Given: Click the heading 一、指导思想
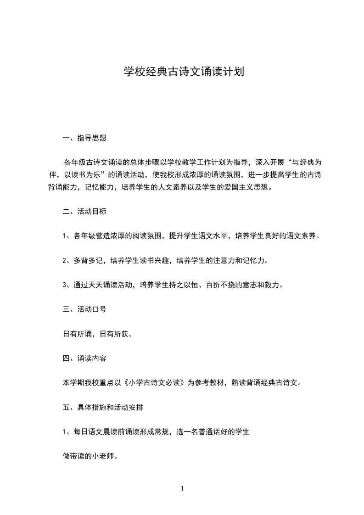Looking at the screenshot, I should coord(84,137).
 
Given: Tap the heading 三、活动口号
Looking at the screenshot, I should coord(84,309).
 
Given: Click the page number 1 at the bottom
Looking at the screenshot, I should coord(182,489).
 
